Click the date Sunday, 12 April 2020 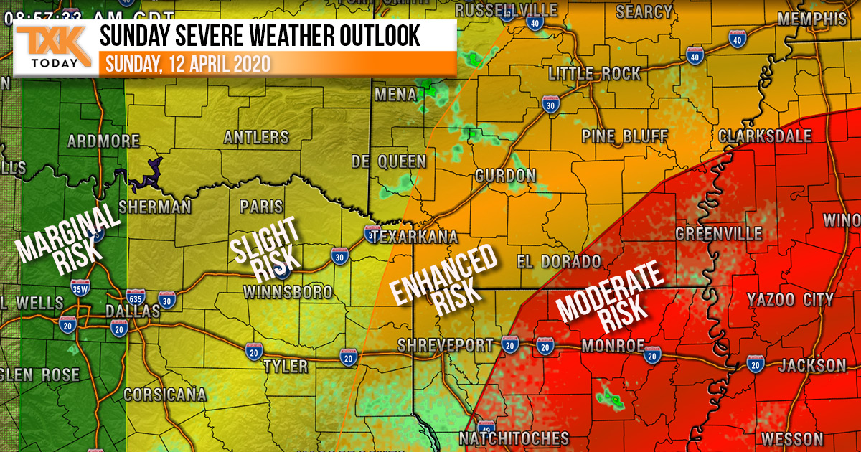click(x=188, y=63)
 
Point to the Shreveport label click(x=446, y=345)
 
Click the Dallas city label click(x=133, y=311)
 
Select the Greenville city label click(x=718, y=234)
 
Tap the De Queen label click(x=388, y=161)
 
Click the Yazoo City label click(x=789, y=299)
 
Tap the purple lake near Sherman click(x=149, y=173)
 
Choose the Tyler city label click(x=286, y=367)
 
